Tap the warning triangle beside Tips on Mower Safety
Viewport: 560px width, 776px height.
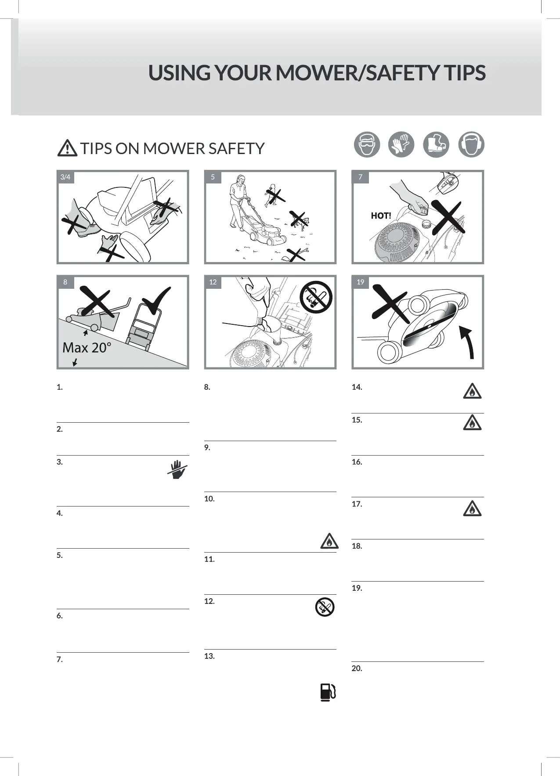pos(67,148)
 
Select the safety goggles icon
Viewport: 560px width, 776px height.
pos(367,144)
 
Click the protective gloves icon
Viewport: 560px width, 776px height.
pos(401,144)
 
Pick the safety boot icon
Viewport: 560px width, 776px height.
pos(436,144)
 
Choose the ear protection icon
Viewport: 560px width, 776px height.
pos(471,144)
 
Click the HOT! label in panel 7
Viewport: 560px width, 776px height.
pos(381,216)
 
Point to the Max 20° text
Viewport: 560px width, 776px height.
pos(87,348)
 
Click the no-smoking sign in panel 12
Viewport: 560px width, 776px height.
pos(316,297)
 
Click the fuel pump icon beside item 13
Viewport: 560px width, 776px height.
pos(328,692)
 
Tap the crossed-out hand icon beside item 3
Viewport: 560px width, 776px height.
pos(177,469)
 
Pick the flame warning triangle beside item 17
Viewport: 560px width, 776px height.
pos(472,508)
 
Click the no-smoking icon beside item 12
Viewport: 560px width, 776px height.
pos(325,607)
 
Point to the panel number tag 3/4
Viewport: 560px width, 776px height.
pos(65,177)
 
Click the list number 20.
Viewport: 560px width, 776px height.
pos(357,668)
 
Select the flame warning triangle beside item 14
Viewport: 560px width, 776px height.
pos(472,391)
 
